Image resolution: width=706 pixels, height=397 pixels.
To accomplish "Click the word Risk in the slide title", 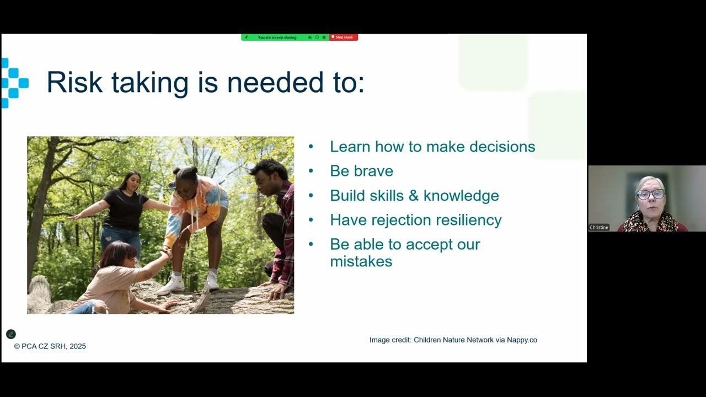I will [74, 83].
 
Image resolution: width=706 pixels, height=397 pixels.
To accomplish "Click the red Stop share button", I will [344, 37].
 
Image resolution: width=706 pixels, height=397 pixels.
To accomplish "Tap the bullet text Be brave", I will [361, 171].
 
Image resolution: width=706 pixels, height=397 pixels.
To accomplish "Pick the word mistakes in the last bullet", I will [361, 261].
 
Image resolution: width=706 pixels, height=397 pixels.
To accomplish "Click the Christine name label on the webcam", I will [599, 227].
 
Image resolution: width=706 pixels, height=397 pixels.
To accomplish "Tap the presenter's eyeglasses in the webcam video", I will [650, 194].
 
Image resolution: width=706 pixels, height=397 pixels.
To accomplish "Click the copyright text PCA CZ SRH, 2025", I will [50, 346].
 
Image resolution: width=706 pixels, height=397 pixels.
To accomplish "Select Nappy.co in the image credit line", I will [522, 340].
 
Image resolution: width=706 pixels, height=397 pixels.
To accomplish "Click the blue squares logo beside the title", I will [13, 83].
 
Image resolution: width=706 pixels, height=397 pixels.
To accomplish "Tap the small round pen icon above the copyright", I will [10, 334].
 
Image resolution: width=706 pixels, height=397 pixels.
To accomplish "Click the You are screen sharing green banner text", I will [277, 37].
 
